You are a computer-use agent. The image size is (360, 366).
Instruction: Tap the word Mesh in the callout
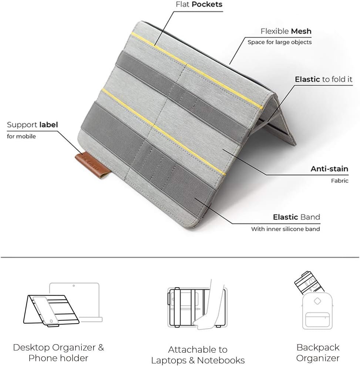point(301,31)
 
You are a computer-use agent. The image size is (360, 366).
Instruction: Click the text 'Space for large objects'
point(279,42)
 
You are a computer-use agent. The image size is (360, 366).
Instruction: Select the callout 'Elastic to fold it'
point(323,79)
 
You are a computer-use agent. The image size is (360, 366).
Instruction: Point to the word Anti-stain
point(329,169)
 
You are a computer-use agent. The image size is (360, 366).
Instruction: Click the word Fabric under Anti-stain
point(340,181)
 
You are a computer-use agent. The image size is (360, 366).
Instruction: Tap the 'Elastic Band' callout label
point(296,217)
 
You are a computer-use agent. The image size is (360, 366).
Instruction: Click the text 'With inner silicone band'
point(285,229)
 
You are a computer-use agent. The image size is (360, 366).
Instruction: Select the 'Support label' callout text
point(33,125)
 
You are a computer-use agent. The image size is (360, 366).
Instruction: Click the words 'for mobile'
point(21,137)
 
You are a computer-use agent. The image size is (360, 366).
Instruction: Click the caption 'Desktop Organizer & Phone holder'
point(58,353)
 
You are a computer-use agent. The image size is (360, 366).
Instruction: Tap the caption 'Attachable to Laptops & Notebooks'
point(198,355)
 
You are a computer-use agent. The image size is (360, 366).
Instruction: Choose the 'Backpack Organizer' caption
point(318,353)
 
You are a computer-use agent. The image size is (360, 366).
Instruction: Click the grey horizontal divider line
point(180,257)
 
